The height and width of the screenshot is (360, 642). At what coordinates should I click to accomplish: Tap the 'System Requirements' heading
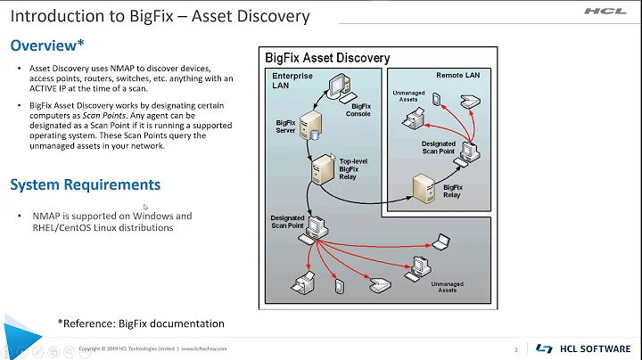pos(85,184)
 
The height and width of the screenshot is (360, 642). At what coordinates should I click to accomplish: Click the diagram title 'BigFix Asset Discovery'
pos(327,58)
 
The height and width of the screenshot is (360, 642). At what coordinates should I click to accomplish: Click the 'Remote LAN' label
pos(457,76)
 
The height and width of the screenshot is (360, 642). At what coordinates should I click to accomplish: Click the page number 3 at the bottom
pos(515,348)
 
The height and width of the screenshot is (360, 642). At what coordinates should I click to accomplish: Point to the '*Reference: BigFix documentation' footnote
pos(141,323)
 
